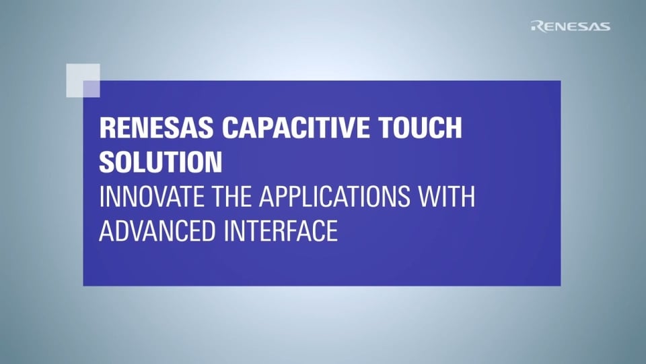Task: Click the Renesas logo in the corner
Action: pyautogui.click(x=571, y=26)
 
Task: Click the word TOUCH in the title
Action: pyautogui.click(x=420, y=127)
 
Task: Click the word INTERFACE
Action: pyautogui.click(x=281, y=231)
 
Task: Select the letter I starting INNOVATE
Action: pyautogui.click(x=102, y=198)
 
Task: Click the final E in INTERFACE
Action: pyautogui.click(x=330, y=231)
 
